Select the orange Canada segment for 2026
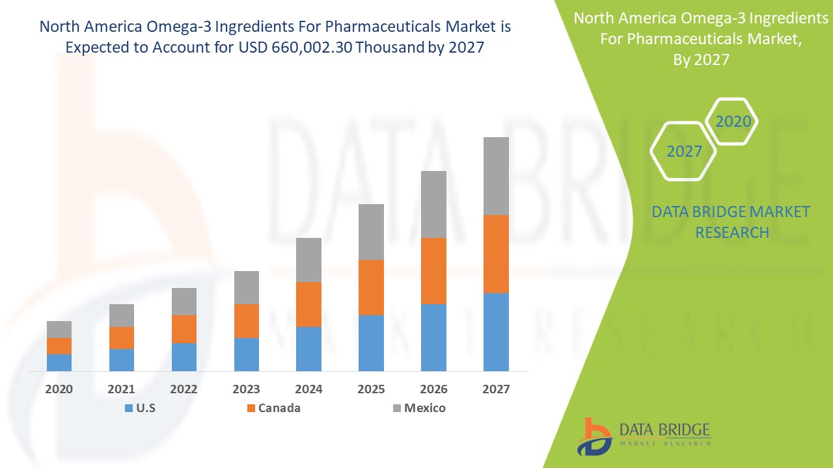click(433, 271)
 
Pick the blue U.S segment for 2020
click(59, 362)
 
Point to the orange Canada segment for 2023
click(246, 321)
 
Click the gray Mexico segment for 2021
click(122, 315)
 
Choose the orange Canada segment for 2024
click(308, 304)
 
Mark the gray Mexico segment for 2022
click(184, 302)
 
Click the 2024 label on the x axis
click(308, 389)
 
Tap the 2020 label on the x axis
click(59, 389)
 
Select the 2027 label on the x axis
click(496, 389)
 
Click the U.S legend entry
click(139, 408)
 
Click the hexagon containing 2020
click(733, 122)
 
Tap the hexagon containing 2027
click(684, 151)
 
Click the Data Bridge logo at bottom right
click(644, 435)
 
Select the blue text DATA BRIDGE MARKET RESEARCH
click(731, 222)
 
